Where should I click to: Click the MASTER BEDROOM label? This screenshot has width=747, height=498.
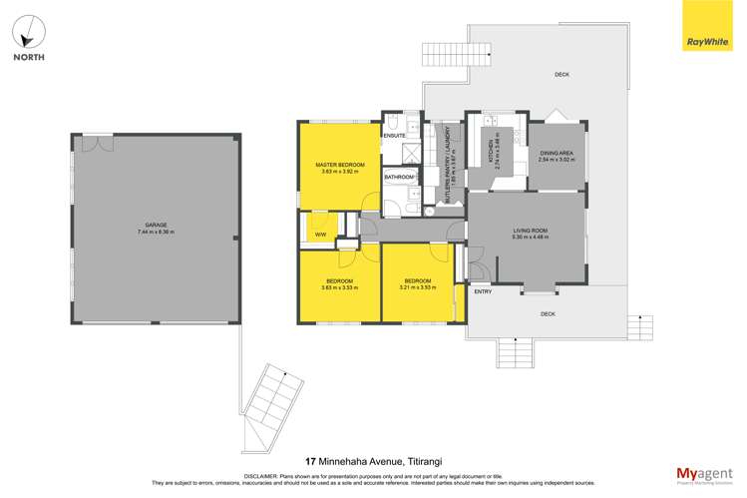[339, 165]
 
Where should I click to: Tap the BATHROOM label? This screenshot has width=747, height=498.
[399, 178]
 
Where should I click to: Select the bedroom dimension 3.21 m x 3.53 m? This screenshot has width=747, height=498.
[417, 287]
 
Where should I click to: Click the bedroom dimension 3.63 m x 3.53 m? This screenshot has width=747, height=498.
[339, 287]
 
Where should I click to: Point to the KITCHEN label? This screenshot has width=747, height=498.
[490, 152]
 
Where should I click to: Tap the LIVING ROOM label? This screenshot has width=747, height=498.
[529, 231]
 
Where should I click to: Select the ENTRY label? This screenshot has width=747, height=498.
[483, 291]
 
